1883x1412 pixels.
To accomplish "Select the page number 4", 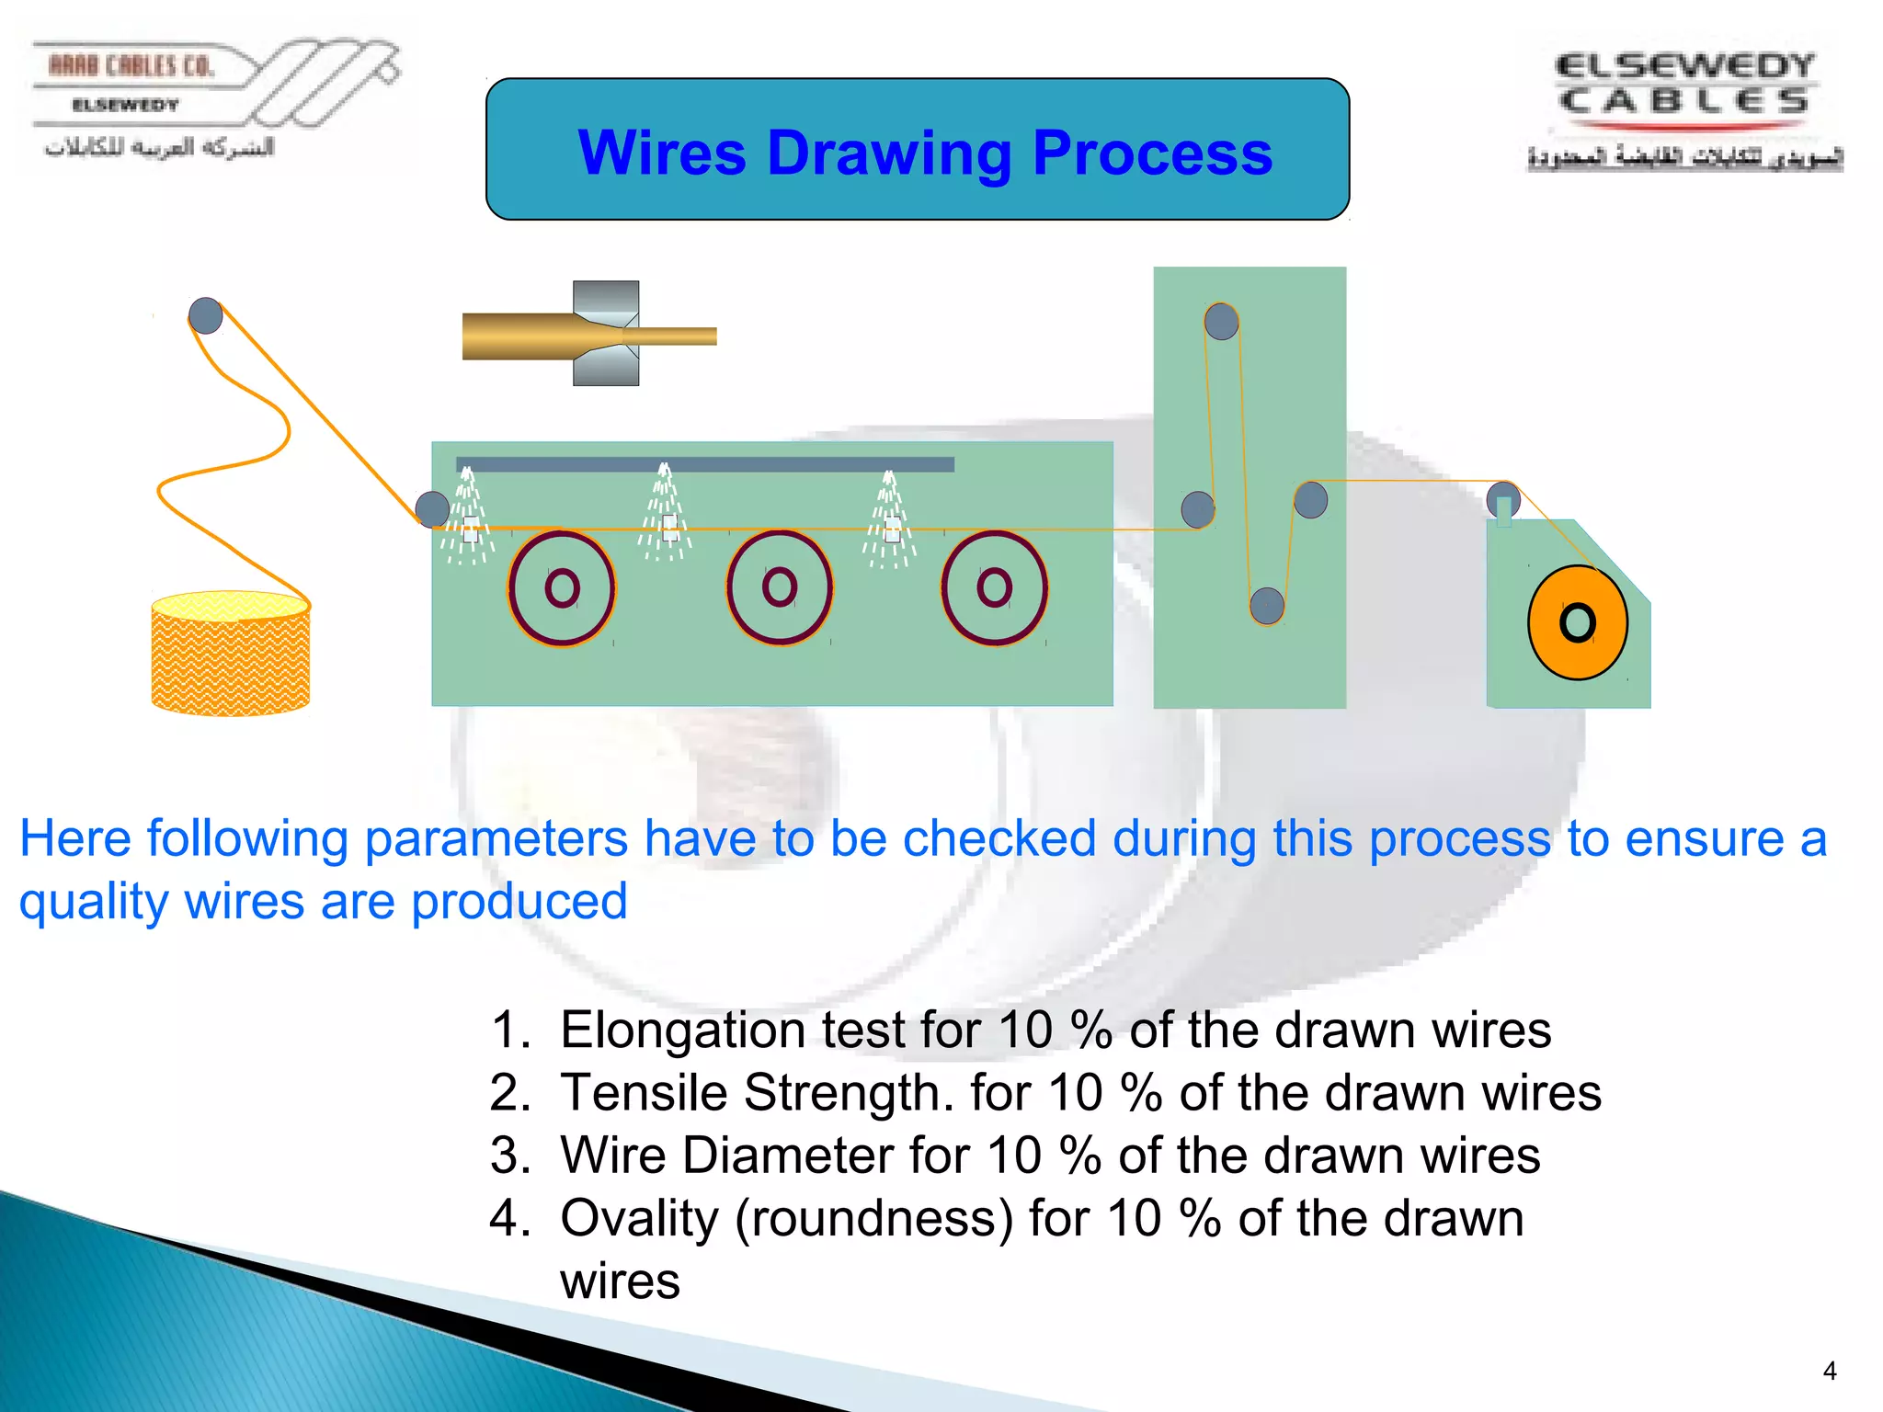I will click(x=1829, y=1371).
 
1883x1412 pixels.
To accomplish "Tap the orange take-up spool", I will click(x=1577, y=622).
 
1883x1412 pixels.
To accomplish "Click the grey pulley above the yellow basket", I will click(x=205, y=315).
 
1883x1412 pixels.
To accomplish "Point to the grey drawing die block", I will click(x=606, y=333).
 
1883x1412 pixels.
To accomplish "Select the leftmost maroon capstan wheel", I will click(x=562, y=587).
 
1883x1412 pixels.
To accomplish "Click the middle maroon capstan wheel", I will click(x=779, y=586).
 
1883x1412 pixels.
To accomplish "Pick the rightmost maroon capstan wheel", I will click(x=994, y=586).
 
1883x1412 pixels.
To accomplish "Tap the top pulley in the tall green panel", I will click(x=1221, y=322).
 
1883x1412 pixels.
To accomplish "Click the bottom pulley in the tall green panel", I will click(x=1266, y=605).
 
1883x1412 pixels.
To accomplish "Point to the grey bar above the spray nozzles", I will click(x=705, y=464).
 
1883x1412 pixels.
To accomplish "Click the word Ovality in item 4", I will click(x=639, y=1218).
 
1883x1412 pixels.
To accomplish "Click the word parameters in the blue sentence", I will click(x=496, y=838).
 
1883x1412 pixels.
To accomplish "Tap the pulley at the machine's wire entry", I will click(x=432, y=508).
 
